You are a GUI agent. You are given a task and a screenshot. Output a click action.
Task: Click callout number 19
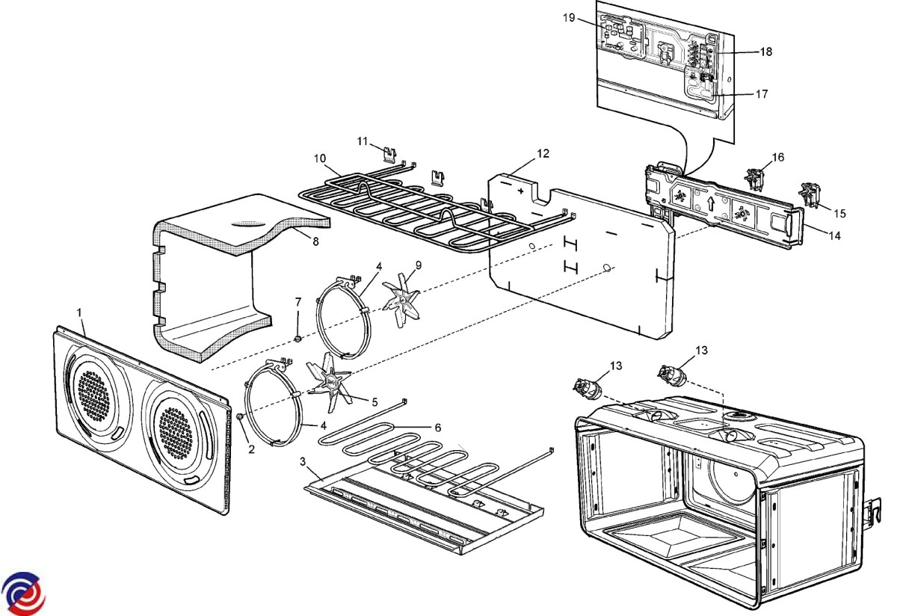pos(570,18)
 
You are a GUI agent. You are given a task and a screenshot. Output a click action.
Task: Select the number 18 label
pos(766,52)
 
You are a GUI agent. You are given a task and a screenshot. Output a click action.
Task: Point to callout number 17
pos(761,94)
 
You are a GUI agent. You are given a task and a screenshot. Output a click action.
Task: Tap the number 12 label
pos(543,153)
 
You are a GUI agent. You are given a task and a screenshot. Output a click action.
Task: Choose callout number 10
pos(320,158)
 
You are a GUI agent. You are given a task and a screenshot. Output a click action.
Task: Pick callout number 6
pos(438,427)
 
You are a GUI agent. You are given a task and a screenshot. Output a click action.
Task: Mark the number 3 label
pos(303,461)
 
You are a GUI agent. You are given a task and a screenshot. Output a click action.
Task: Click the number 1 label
pos(80,309)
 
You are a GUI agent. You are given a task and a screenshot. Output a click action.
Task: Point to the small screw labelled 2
pos(241,416)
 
